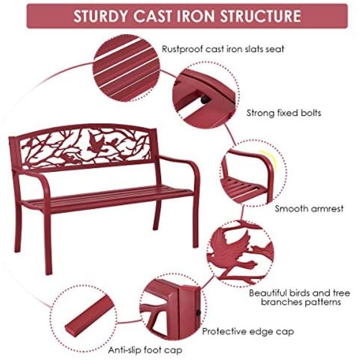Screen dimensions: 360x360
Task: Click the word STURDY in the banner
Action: (x=100, y=16)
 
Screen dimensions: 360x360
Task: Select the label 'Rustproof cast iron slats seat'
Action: (x=223, y=49)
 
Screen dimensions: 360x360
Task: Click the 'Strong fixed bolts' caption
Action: (x=284, y=113)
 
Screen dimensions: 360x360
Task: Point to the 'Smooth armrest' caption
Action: (x=309, y=209)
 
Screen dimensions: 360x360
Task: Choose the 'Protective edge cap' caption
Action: (x=248, y=332)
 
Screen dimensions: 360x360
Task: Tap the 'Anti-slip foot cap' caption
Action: (x=145, y=350)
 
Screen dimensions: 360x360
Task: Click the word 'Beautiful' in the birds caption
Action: (x=268, y=293)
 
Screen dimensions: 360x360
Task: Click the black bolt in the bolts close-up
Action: (x=205, y=99)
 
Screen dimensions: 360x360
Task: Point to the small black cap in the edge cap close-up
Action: (x=198, y=312)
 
